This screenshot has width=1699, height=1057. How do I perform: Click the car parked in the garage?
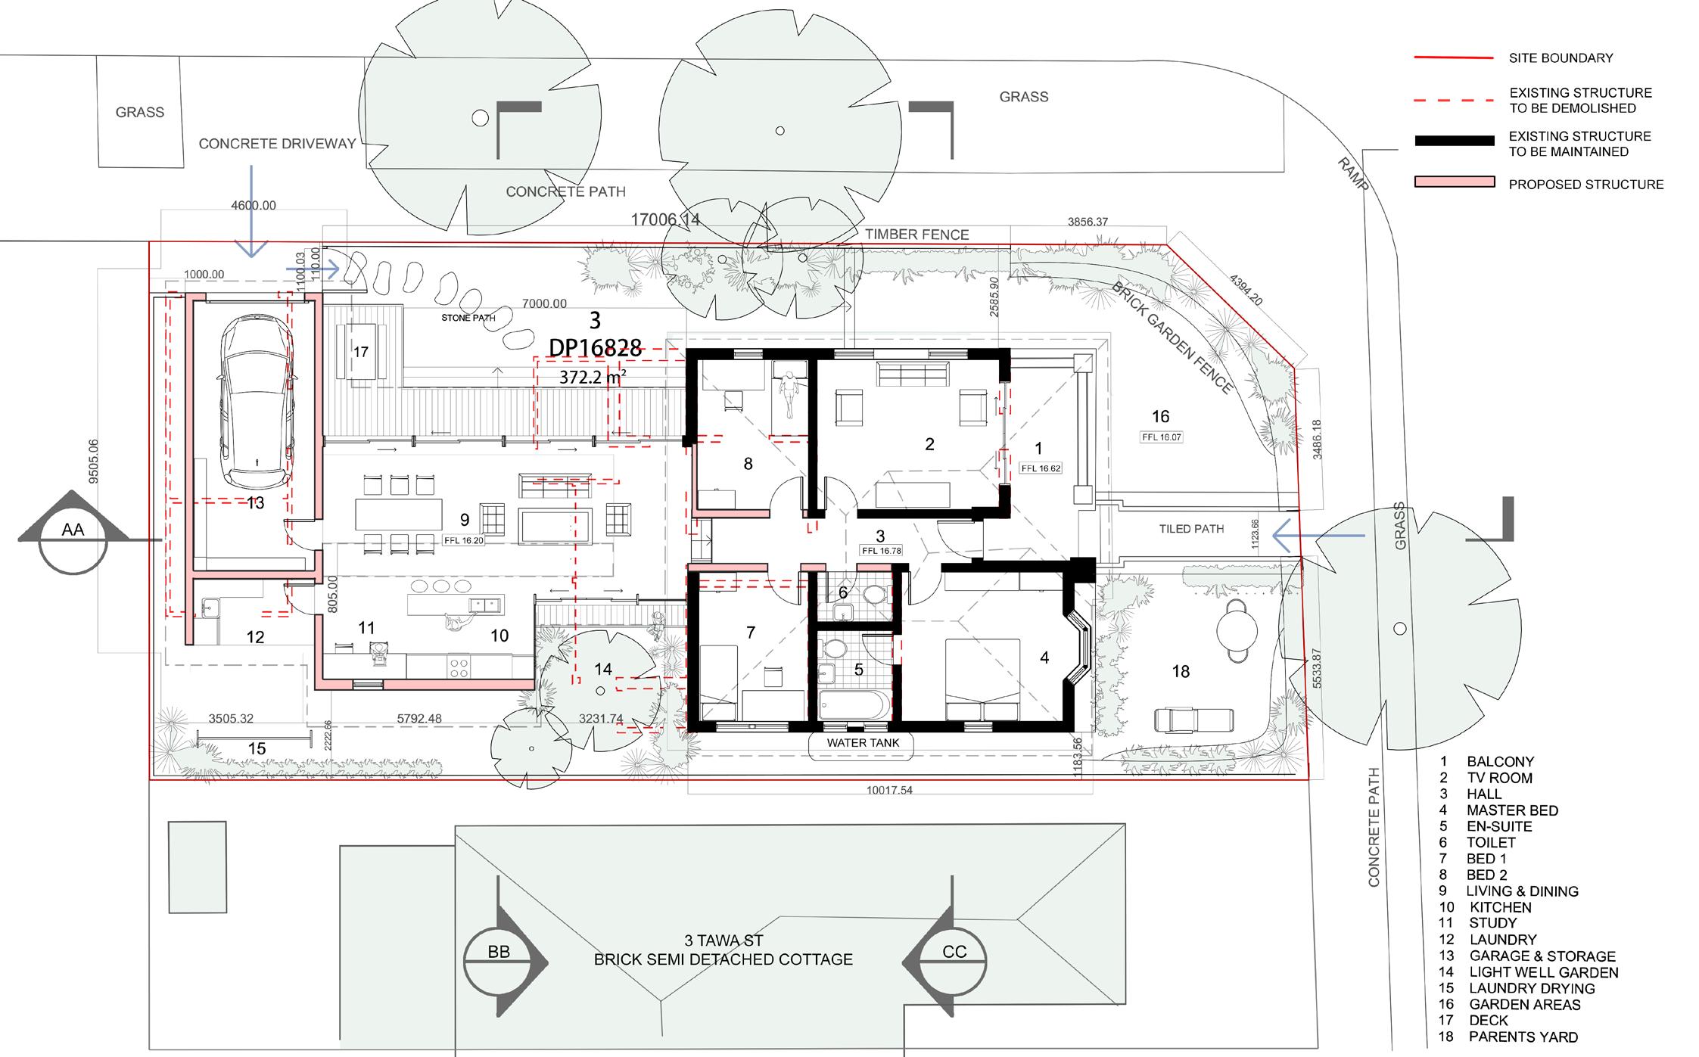256,403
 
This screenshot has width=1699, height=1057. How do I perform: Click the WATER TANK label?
863,743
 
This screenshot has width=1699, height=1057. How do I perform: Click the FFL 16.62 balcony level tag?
1041,468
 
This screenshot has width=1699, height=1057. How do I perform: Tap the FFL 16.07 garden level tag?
1161,437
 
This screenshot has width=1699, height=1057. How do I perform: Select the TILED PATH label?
1191,529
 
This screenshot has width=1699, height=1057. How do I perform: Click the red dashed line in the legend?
1454,100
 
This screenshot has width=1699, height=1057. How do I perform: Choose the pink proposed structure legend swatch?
1455,182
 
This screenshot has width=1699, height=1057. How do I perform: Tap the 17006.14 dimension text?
665,219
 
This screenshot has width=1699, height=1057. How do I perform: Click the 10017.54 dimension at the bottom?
889,790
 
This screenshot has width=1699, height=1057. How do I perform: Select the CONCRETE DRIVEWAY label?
277,144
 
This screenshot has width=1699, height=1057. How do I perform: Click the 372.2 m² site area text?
593,377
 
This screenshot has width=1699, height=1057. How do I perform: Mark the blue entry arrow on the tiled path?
1318,536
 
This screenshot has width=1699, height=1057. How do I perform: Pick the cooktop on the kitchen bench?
459,666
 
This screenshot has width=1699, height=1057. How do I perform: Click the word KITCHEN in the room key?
1501,907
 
